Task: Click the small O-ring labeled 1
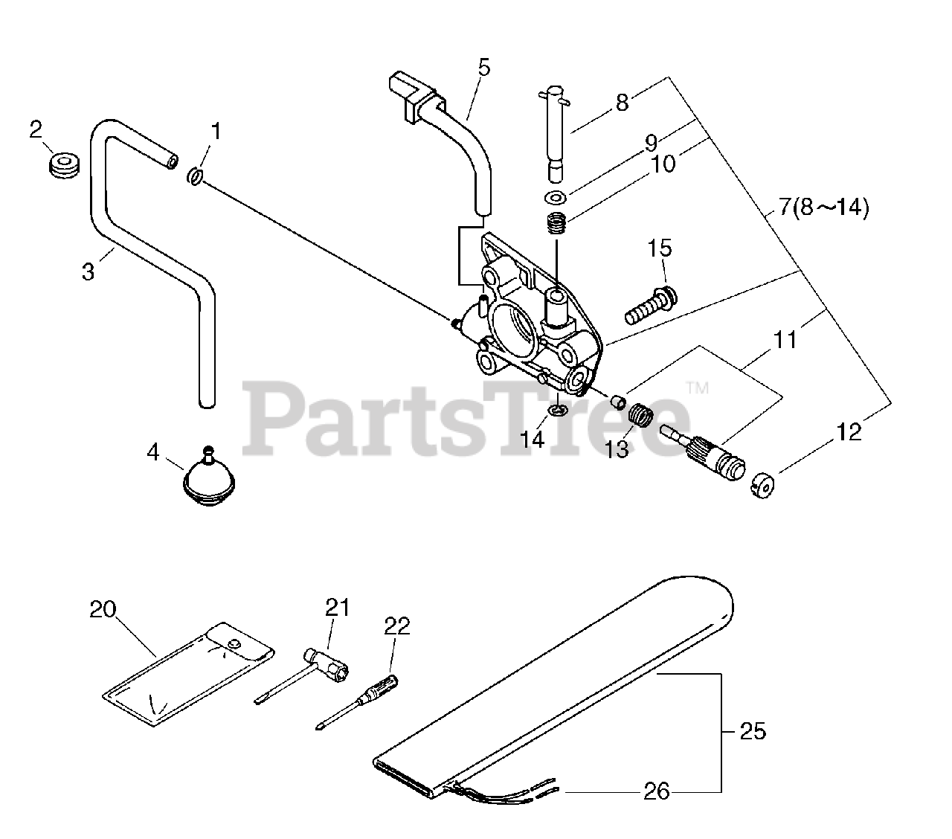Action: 195,176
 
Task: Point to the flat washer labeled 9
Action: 554,198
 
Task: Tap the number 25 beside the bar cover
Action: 753,732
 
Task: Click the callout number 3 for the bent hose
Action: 89,272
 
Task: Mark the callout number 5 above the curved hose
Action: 484,68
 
